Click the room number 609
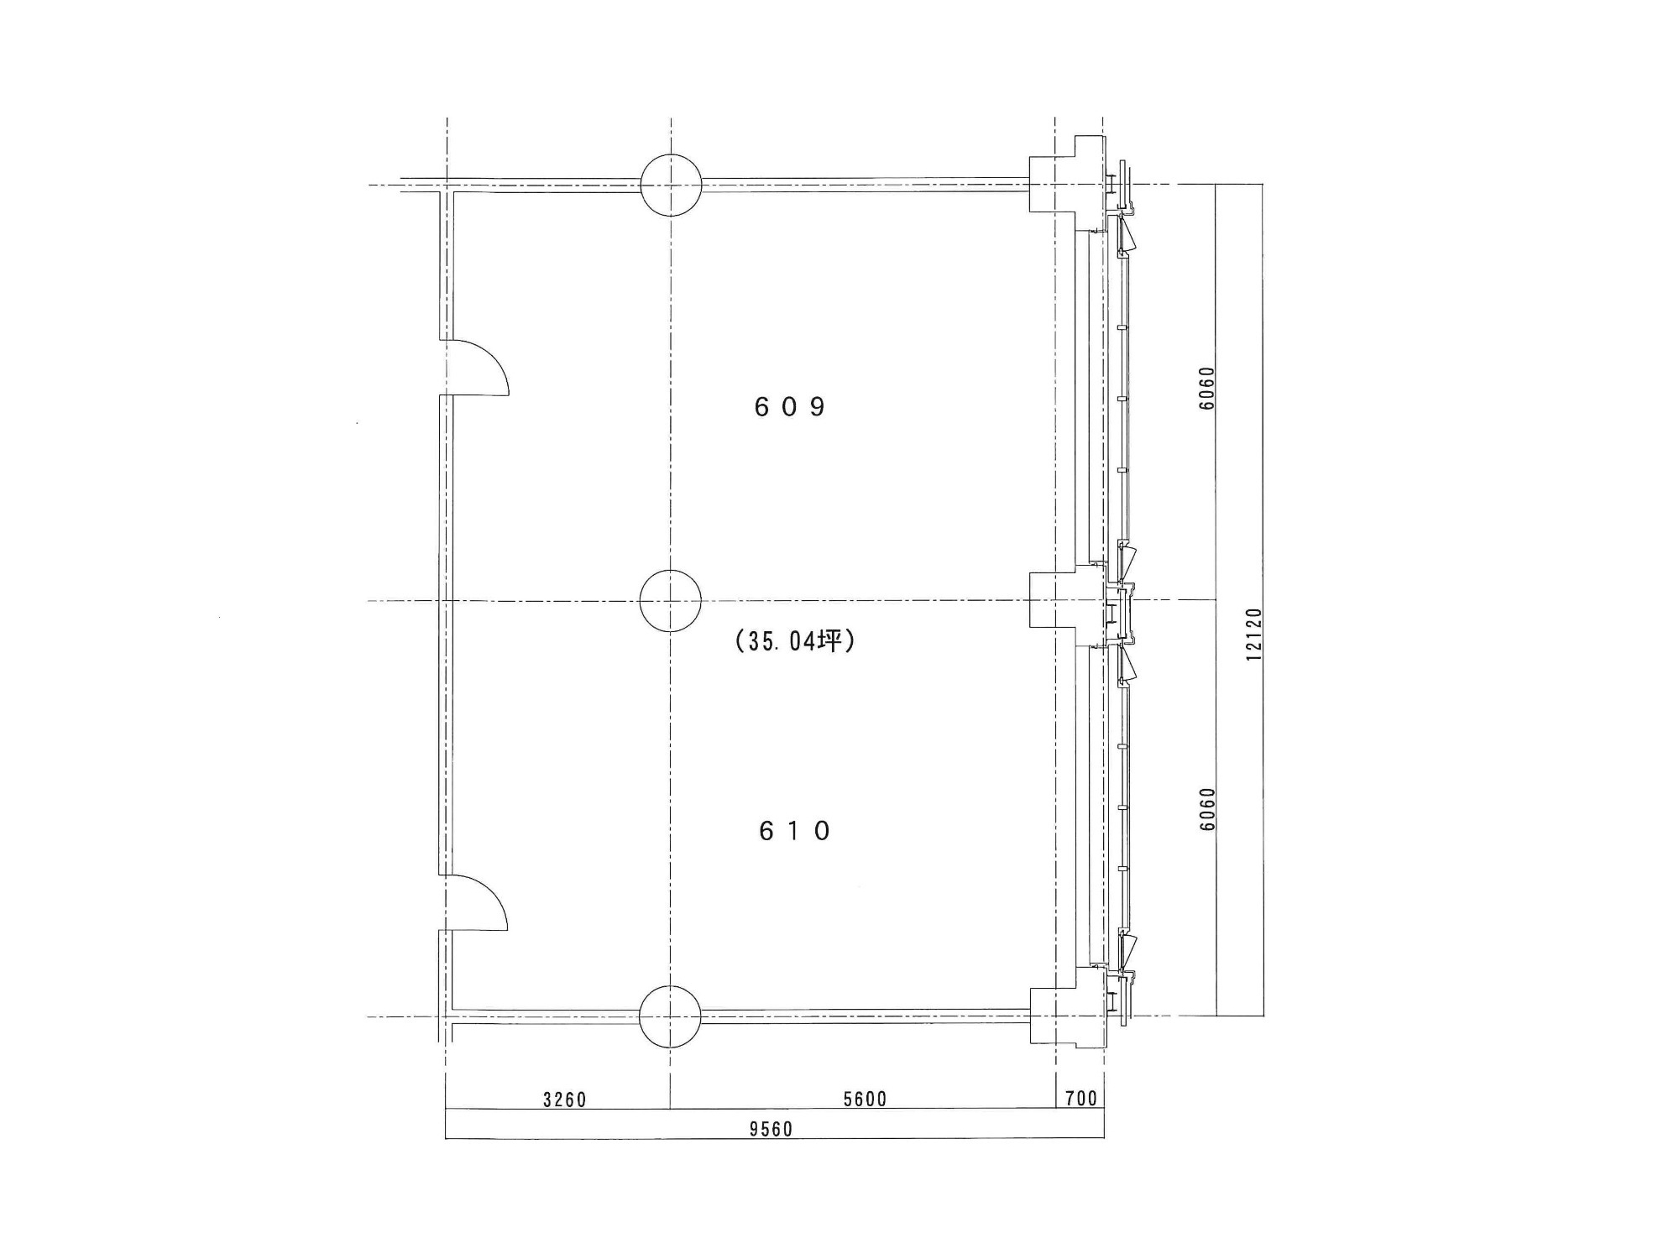(x=790, y=407)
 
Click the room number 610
(x=794, y=831)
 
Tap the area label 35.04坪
(x=794, y=642)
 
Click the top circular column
(x=671, y=185)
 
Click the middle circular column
(x=670, y=601)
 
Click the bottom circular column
(x=670, y=1016)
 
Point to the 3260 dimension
(x=564, y=1099)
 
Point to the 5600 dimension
(x=865, y=1099)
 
